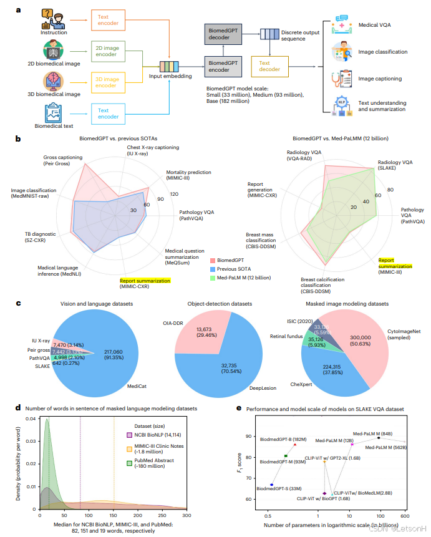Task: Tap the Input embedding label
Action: (170, 77)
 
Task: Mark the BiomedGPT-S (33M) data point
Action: (272, 484)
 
